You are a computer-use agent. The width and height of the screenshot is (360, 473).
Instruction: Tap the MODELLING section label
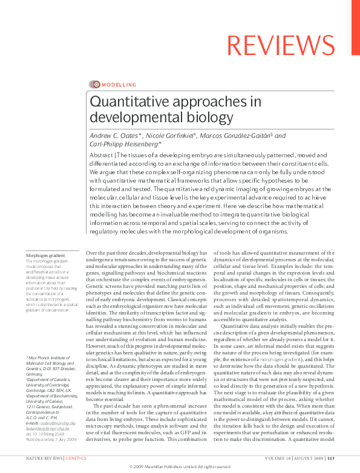tap(119, 85)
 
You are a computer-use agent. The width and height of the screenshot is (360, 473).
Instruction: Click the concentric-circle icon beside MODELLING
tap(94, 85)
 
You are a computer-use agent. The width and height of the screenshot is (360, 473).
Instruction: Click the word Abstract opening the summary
tap(101, 155)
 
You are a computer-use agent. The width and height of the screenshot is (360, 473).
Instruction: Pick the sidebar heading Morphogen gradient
tap(45, 256)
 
